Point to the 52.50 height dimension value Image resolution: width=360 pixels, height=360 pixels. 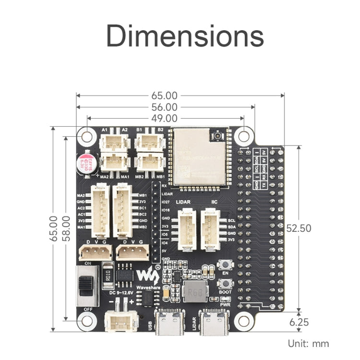pyautogui.click(x=299, y=228)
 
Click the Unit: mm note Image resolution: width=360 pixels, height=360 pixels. pyautogui.click(x=308, y=343)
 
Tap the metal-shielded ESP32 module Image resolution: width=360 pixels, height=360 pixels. pyautogui.click(x=200, y=156)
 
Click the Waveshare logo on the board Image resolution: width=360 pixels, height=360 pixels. pyautogui.click(x=148, y=276)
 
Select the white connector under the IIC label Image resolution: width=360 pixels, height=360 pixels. pyautogui.click(x=211, y=230)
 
